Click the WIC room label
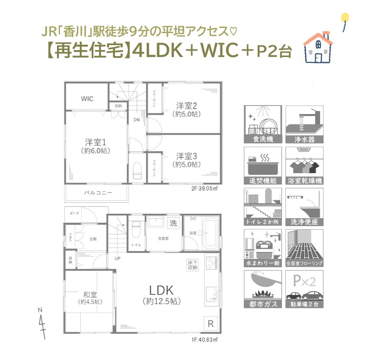click(87, 99)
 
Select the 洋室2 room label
click(187, 105)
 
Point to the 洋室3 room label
click(187, 155)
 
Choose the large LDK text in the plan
click(161, 290)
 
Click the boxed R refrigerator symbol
click(211, 324)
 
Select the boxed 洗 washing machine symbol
click(173, 223)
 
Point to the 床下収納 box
click(192, 264)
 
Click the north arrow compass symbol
click(43, 323)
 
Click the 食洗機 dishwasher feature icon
click(263, 123)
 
